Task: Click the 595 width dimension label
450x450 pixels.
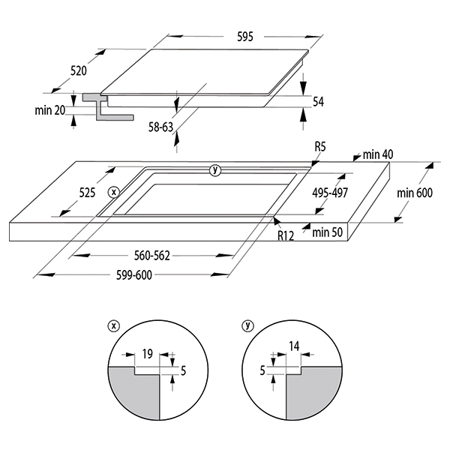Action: pos(245,37)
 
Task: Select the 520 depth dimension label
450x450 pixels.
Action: pos(79,70)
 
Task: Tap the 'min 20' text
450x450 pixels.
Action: pos(50,110)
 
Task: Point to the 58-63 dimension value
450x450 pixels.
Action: pos(160,127)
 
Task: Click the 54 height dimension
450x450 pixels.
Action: pos(318,102)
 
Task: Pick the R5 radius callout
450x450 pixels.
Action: pos(320,147)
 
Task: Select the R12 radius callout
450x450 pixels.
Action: pos(286,236)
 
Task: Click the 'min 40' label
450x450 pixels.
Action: pos(378,154)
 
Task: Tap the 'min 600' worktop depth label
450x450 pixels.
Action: pos(415,193)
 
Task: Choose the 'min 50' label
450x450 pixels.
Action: pos(328,232)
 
